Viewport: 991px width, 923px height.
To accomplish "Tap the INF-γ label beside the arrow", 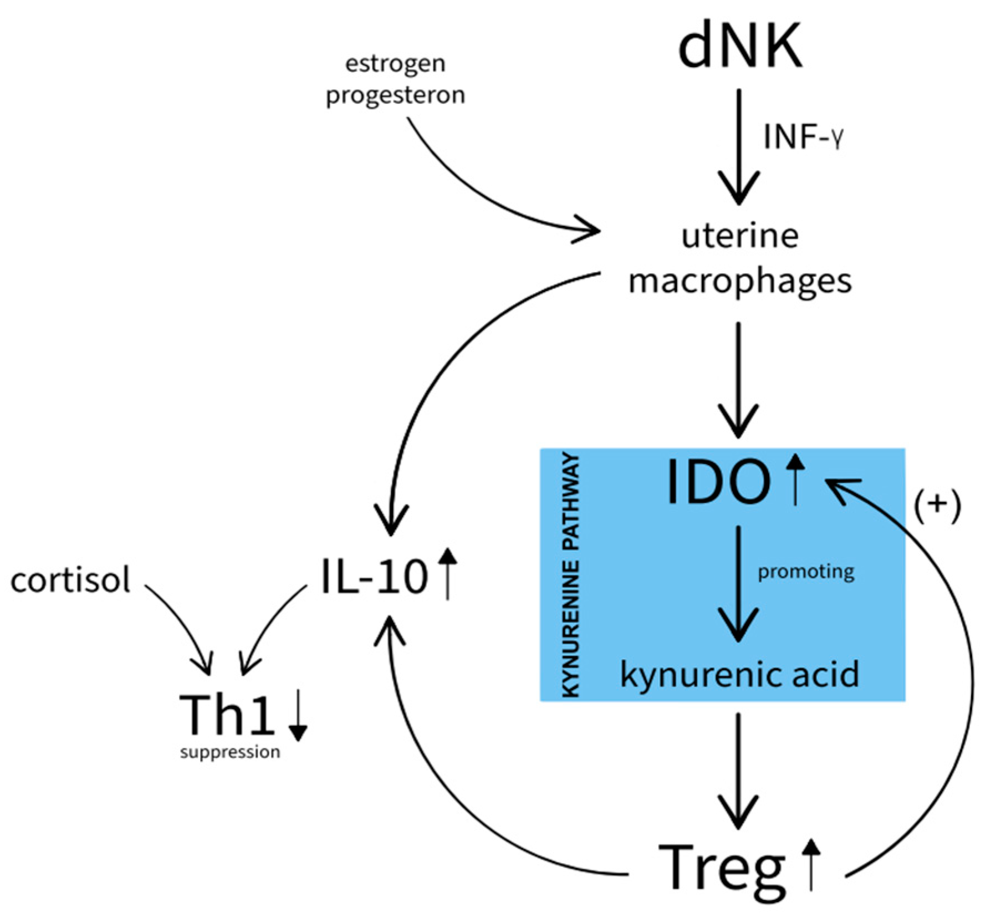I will [803, 137].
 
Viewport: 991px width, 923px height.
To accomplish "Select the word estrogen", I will [395, 64].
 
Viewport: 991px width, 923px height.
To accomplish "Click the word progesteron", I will [395, 95].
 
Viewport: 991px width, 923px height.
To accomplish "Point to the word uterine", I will [739, 236].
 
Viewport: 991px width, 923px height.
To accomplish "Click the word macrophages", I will [739, 282].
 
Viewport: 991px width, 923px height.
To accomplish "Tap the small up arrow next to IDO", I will [796, 479].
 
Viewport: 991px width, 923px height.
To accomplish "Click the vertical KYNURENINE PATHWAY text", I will [570, 574].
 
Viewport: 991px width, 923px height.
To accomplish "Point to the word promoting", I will [805, 572].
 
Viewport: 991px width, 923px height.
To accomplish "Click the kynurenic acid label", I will [739, 675].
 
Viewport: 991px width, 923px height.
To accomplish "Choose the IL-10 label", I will [375, 578].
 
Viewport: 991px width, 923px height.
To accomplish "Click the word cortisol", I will [70, 580].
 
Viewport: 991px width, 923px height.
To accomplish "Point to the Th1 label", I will [227, 715].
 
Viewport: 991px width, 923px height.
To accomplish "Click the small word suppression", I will [230, 752].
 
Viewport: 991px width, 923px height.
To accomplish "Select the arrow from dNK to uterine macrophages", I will [738, 147].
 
